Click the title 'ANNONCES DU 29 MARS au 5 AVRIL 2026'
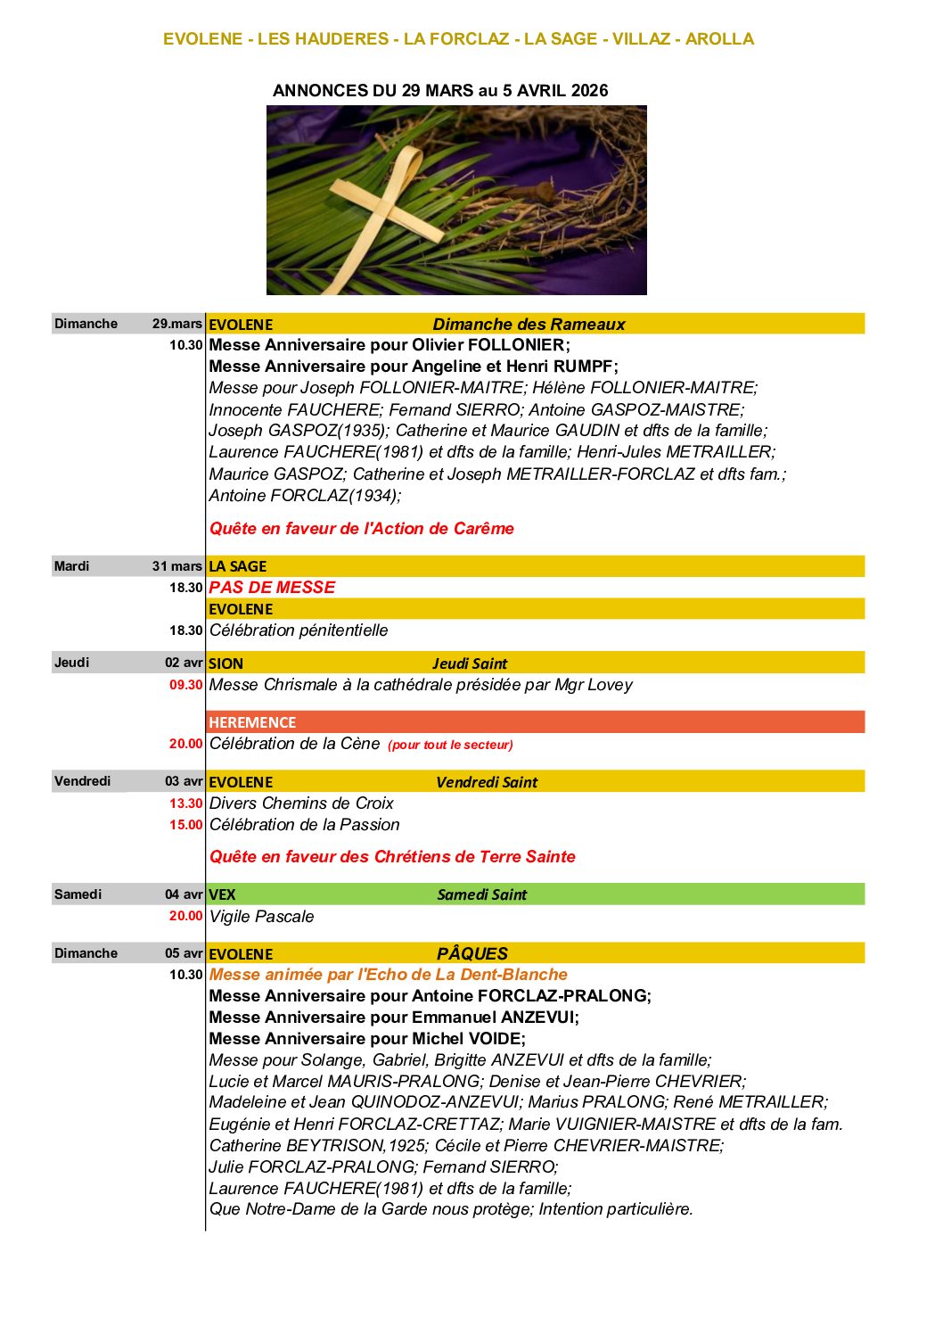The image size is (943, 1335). coord(440,90)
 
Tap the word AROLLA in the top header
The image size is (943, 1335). coord(719,39)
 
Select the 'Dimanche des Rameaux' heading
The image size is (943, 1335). coord(529,325)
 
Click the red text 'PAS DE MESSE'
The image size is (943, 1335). coord(272,588)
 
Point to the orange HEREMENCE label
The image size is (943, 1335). coord(252,722)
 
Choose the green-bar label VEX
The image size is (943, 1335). coord(222,894)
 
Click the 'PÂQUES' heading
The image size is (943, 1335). coord(471,953)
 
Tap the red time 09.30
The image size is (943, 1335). coord(185,685)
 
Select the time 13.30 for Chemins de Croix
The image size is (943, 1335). coord(185,803)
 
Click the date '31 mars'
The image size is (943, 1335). coord(176,566)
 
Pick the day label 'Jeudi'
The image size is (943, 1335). coord(71,663)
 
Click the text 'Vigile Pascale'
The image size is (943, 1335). coord(261,917)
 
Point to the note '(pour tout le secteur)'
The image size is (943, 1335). coord(450,745)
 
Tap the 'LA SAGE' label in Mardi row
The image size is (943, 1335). coord(237,566)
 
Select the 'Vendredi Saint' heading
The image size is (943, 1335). coord(487,782)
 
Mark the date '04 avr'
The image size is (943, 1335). coord(184,894)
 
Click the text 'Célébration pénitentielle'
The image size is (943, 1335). coord(299,630)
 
